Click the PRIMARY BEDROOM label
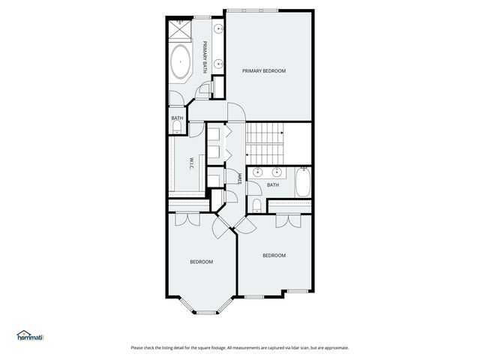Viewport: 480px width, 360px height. [264, 70]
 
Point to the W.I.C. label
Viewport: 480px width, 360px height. [192, 163]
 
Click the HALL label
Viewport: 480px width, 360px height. [238, 178]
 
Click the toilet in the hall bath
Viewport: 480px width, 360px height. [256, 205]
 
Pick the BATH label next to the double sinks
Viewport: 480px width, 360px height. [273, 185]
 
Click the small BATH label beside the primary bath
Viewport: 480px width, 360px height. [177, 118]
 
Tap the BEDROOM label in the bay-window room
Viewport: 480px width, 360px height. [201, 262]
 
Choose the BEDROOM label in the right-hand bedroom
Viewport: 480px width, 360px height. [274, 256]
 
